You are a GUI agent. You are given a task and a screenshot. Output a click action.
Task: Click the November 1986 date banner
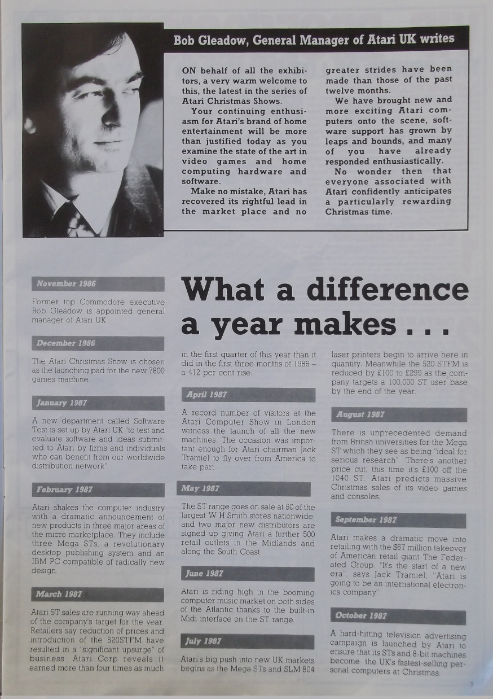(98, 283)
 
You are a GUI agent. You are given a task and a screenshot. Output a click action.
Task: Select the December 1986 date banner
(98, 343)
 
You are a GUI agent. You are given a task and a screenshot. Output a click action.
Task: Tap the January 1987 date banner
(98, 403)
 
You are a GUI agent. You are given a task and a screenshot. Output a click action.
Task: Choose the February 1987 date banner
(98, 490)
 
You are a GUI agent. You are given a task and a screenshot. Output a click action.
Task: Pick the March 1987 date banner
(98, 594)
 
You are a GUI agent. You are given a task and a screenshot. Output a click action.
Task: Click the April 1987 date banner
(248, 395)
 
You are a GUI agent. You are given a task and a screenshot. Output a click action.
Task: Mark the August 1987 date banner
(399, 414)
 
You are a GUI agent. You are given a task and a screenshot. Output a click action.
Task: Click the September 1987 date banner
(399, 519)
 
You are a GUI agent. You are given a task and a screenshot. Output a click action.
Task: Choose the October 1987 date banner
(398, 616)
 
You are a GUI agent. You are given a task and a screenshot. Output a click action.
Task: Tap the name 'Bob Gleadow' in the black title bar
(210, 40)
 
